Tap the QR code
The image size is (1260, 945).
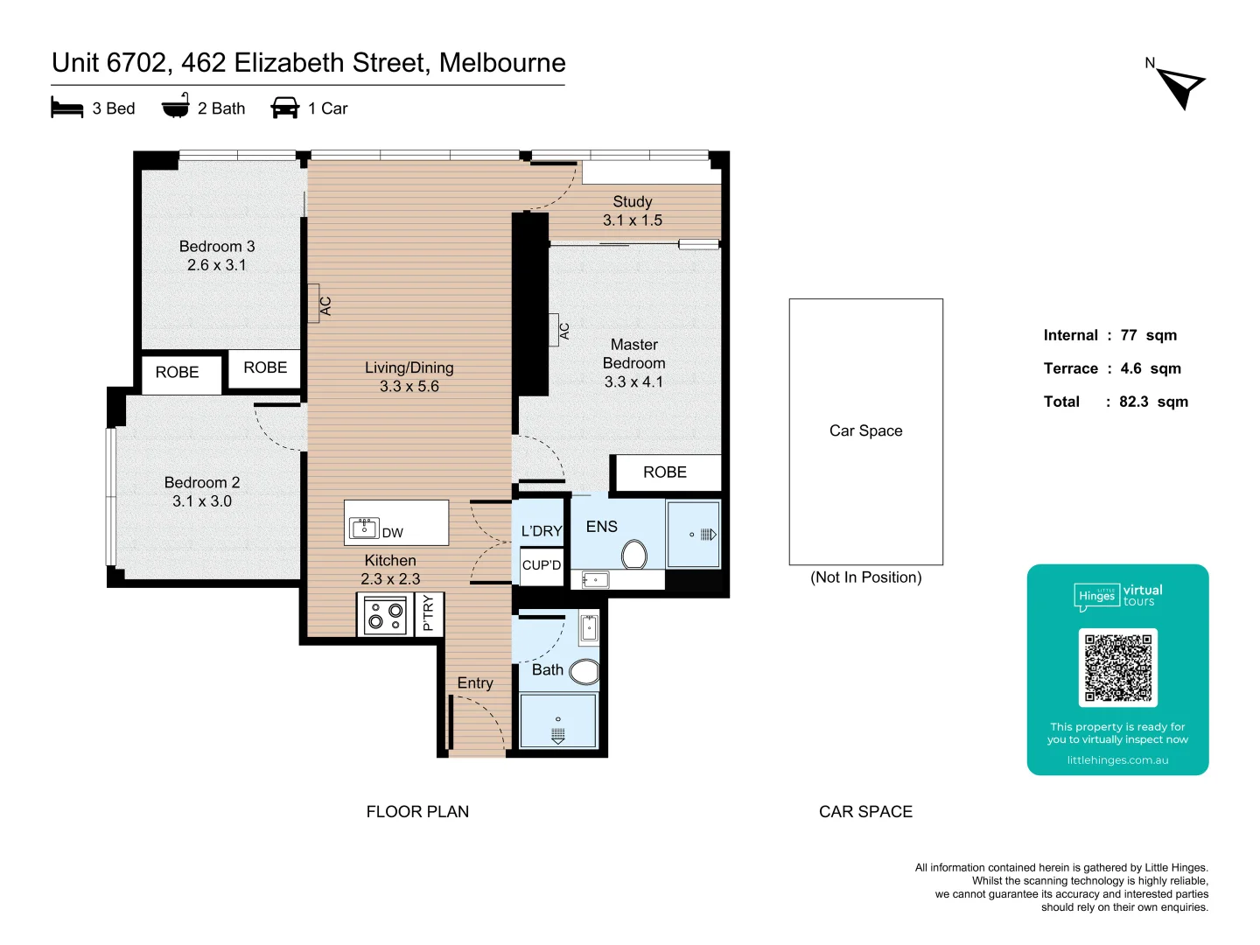[1117, 668]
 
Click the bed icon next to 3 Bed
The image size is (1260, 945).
[66, 108]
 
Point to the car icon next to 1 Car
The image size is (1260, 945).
[285, 108]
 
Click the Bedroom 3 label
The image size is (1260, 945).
[217, 247]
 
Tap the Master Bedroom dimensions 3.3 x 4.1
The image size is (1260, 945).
[633, 381]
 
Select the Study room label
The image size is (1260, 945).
[632, 201]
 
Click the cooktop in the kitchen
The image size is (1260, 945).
[386, 615]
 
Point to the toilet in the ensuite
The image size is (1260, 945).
[633, 554]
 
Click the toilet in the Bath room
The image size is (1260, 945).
[584, 671]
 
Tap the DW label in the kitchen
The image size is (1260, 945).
[392, 533]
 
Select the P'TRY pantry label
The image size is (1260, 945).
[428, 613]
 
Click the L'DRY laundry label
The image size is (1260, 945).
[541, 531]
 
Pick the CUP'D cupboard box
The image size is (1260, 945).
[542, 565]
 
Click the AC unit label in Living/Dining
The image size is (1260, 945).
[325, 305]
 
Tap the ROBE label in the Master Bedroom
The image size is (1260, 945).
[665, 472]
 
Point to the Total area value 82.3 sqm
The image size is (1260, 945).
[1153, 402]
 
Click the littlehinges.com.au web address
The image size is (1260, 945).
[1117, 760]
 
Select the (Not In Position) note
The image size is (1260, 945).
[865, 577]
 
